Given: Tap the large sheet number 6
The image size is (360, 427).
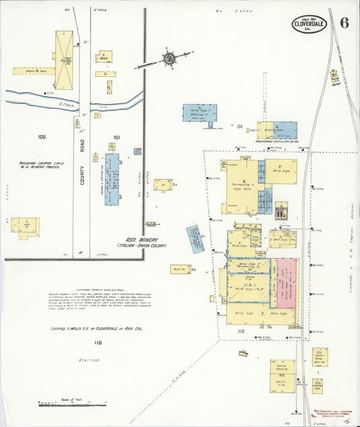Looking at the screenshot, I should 344,22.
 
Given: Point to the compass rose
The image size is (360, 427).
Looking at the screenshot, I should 168,59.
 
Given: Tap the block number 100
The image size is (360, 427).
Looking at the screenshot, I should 42,137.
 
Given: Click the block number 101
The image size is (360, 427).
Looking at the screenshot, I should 116,138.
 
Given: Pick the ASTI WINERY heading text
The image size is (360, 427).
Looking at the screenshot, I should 145,240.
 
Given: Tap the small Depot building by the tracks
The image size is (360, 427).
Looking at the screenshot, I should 334,78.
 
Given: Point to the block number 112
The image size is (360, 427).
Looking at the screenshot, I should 240,332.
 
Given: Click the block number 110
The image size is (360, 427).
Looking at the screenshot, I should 98,343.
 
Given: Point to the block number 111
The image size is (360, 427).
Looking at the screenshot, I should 240,126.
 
